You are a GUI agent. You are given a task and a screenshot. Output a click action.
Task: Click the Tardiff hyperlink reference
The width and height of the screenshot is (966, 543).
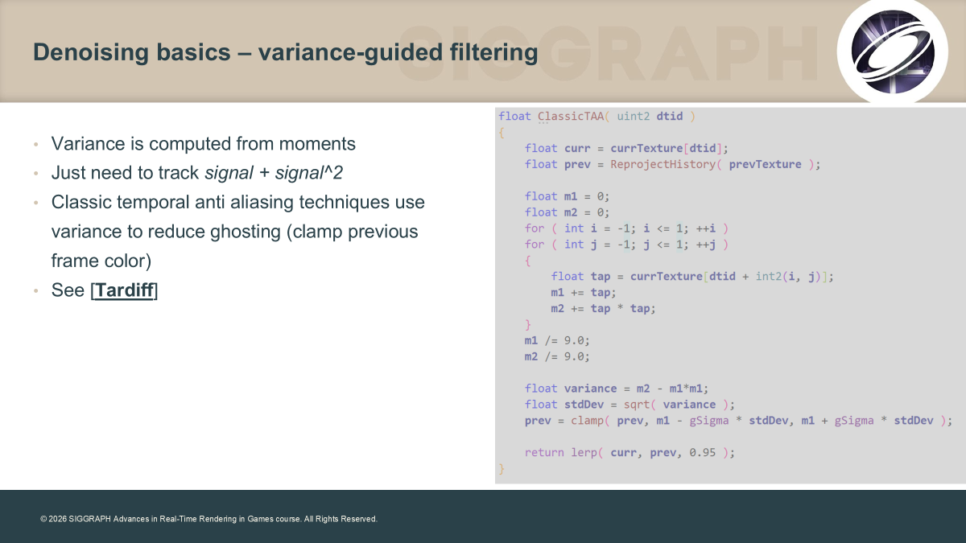coord(124,290)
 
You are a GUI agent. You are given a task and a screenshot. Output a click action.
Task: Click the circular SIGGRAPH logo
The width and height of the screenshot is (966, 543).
coord(892,51)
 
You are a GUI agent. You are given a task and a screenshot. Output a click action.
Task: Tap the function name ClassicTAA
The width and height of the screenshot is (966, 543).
coord(570,117)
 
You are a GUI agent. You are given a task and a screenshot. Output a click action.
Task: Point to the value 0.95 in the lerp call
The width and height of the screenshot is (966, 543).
coord(702,452)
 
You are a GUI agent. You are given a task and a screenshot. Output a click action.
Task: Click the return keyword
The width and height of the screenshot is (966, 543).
coord(544,452)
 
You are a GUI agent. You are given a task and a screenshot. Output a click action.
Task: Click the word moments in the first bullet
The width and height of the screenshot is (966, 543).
coord(317,144)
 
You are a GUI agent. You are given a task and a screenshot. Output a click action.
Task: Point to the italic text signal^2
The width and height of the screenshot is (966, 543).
coord(309,173)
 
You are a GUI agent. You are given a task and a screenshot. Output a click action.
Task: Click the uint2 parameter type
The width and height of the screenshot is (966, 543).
coord(633,117)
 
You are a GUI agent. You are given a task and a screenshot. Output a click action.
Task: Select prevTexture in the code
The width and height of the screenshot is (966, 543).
coord(765,164)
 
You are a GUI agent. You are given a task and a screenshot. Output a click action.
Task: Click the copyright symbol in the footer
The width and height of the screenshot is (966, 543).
coord(43,520)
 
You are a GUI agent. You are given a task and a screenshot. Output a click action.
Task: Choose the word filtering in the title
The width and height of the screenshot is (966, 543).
coord(493,52)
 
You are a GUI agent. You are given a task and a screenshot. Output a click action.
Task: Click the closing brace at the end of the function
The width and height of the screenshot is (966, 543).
coord(502,469)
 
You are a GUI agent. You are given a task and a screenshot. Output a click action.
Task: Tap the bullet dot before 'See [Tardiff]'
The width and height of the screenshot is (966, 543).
coord(36,291)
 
